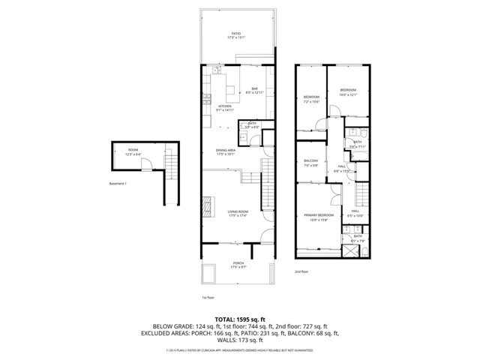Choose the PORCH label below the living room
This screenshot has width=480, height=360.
point(238,264)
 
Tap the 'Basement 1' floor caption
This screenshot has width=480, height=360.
point(119,184)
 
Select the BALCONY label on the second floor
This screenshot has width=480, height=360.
point(311,162)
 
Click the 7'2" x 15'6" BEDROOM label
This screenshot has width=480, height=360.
point(311,99)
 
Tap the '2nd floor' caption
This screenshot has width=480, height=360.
point(301,271)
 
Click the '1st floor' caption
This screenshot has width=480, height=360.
point(208,298)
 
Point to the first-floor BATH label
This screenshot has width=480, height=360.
point(253,125)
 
